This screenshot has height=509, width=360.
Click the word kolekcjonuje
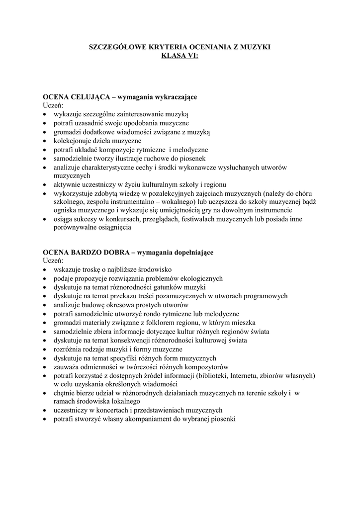coord(72,141)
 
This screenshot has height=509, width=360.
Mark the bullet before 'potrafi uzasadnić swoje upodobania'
coord(45,123)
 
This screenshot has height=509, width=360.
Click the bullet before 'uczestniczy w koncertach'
coord(45,410)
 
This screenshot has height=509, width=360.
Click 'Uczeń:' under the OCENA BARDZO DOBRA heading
coord(52,261)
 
